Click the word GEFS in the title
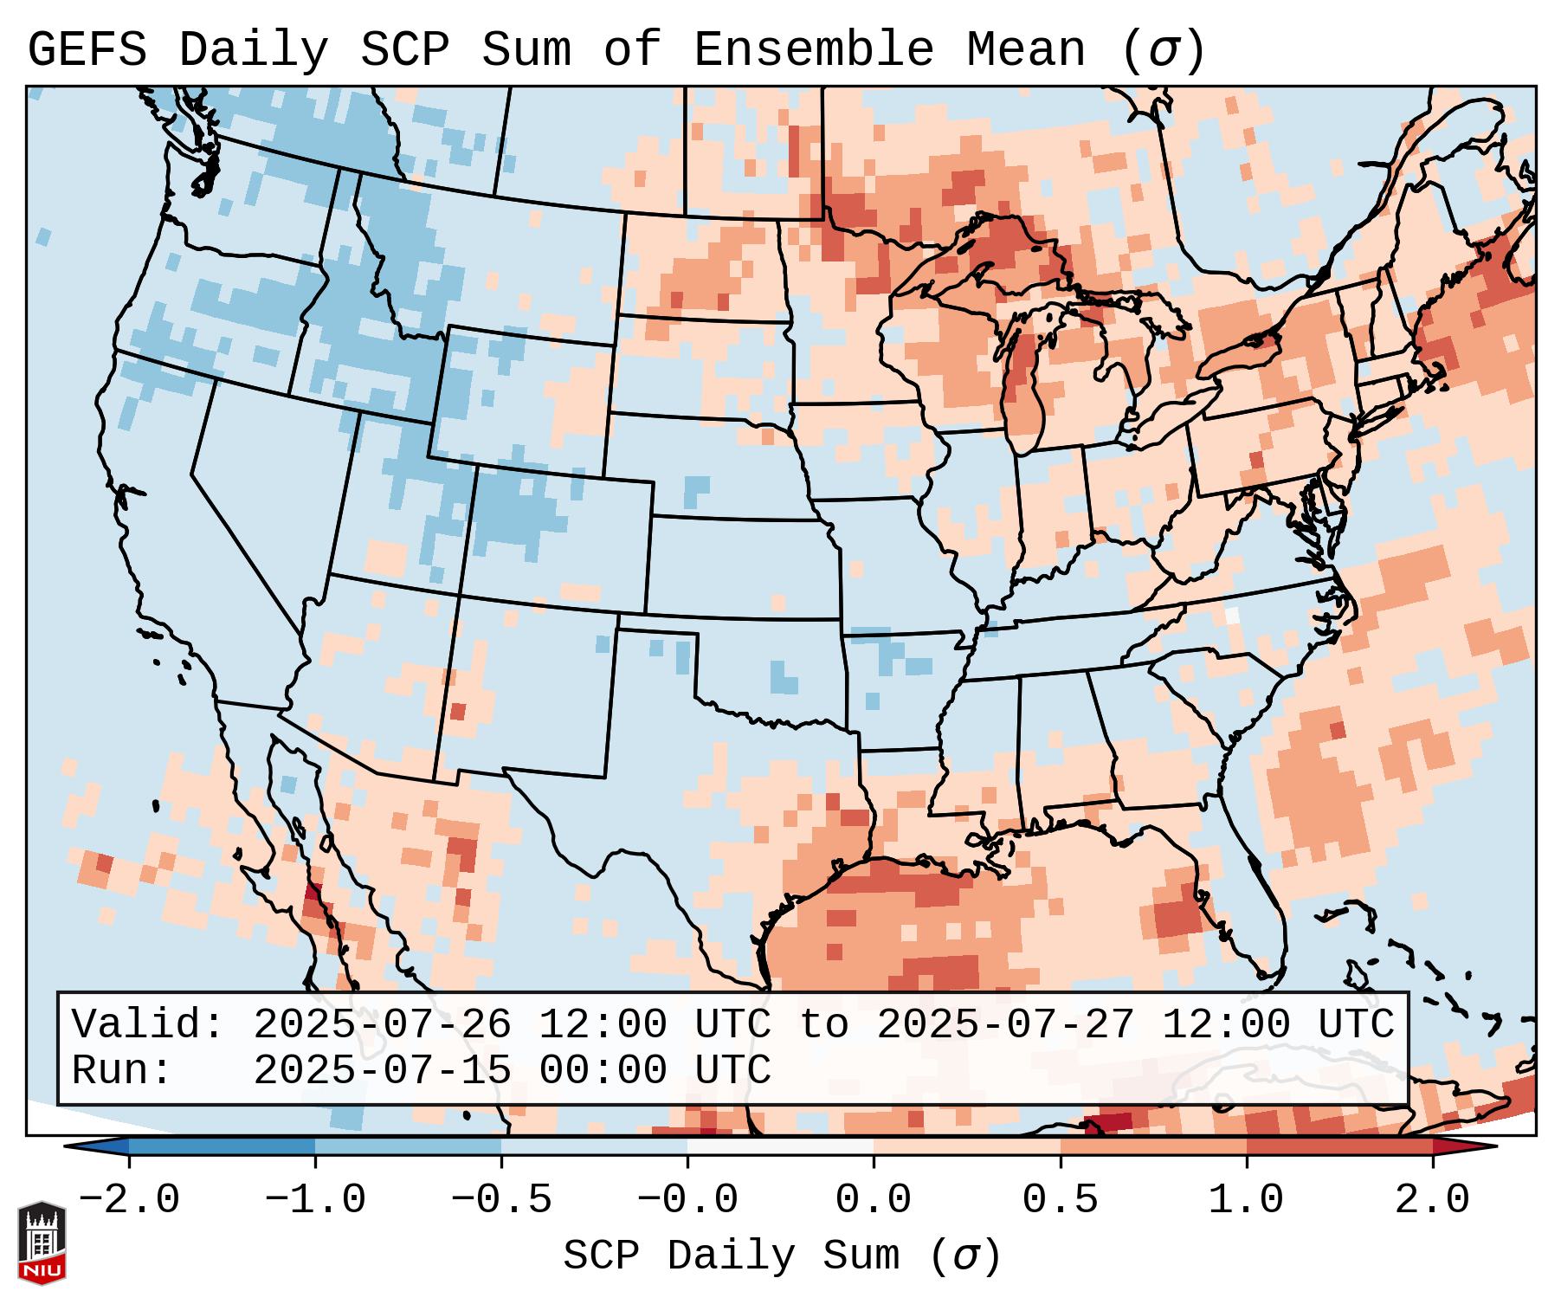point(87,49)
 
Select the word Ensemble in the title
point(813,49)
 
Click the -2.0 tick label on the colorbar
point(129,1200)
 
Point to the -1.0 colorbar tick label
point(315,1200)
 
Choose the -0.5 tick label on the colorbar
point(501,1200)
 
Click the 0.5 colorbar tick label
point(1060,1200)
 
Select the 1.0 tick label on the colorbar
point(1246,1200)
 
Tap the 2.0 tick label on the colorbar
point(1432,1200)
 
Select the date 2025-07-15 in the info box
point(382,1071)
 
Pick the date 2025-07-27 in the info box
point(1005,1025)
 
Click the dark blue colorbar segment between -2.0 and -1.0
point(222,1146)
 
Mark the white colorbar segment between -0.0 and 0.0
point(780,1146)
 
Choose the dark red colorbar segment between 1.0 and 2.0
point(1339,1146)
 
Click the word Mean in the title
point(1026,49)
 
